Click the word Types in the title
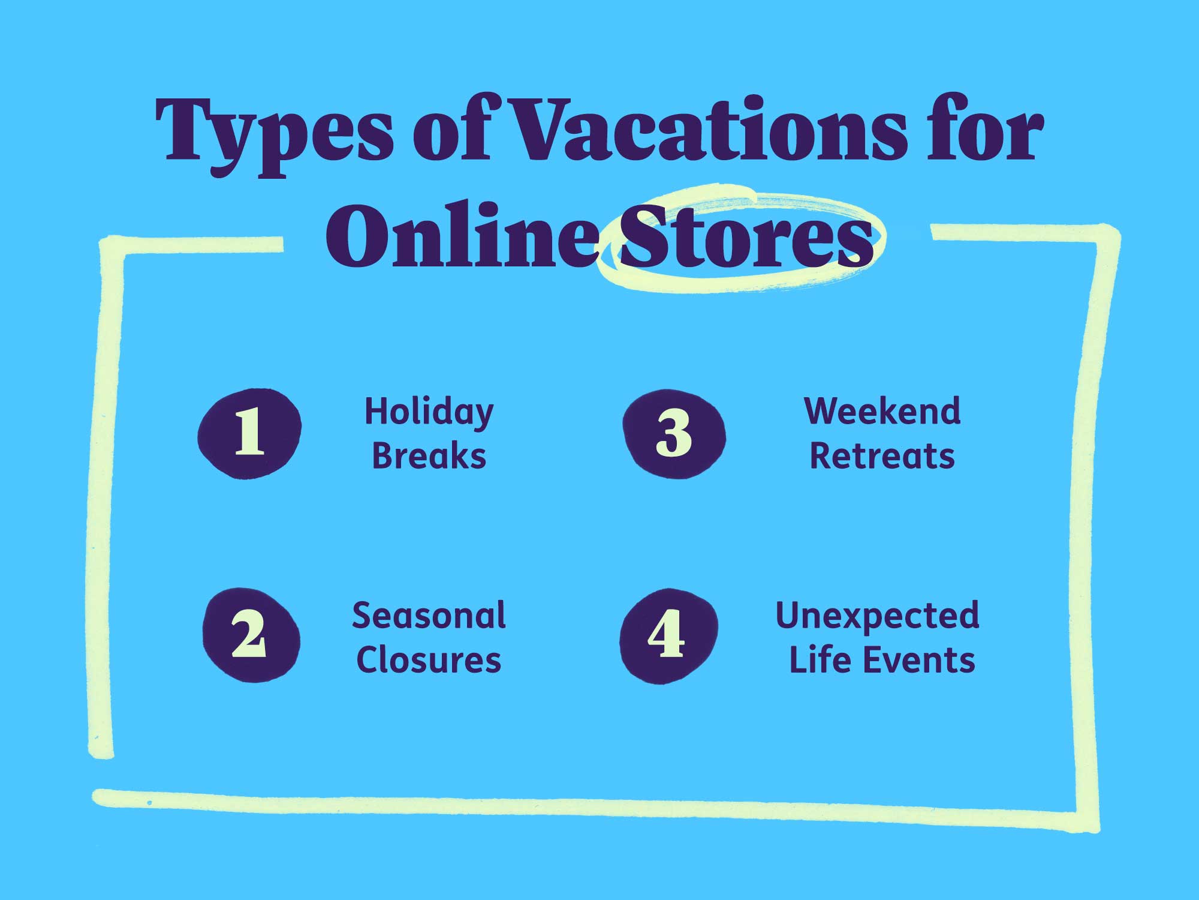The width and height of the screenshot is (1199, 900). pos(273,132)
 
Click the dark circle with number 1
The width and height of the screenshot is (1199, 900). pos(249,433)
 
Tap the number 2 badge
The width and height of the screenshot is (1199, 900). pos(251,635)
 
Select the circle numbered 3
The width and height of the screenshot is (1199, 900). pos(674,433)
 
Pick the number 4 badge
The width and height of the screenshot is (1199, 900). pos(668,635)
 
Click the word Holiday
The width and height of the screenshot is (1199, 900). pos(429,413)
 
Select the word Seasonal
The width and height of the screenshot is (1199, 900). pos(429,616)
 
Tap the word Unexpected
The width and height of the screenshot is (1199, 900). pos(878,617)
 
